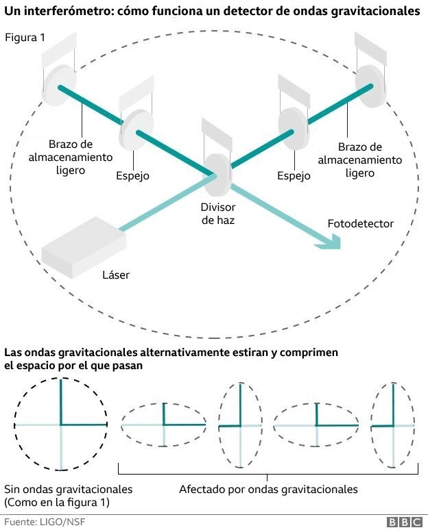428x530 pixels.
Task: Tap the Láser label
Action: (115, 275)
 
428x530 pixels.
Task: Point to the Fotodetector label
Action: (361, 224)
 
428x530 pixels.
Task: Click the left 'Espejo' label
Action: (132, 176)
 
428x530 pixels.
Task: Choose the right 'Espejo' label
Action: (294, 176)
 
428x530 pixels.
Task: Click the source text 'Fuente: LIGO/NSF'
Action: (46, 522)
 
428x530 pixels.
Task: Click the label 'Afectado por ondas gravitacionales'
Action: (268, 490)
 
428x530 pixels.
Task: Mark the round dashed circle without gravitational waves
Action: (61, 425)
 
